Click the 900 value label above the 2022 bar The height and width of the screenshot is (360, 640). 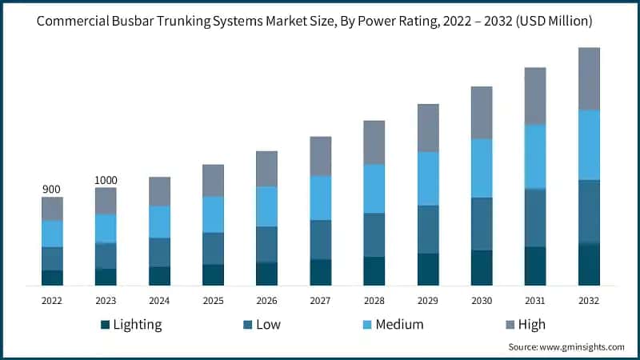[52, 189]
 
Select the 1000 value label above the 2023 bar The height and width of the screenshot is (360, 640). [106, 180]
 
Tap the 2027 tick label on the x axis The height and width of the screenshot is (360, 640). [320, 301]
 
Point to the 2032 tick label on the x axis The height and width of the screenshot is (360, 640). [589, 301]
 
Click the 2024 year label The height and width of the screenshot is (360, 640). [159, 301]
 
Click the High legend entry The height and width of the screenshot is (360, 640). [531, 324]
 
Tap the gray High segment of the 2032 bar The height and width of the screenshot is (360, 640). [589, 78]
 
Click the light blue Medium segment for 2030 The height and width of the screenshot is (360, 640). [482, 168]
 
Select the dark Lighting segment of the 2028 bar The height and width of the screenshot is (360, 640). [374, 271]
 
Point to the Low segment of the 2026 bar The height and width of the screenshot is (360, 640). [266, 244]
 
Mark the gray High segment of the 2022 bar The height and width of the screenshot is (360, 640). [52, 208]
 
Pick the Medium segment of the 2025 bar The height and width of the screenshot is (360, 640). [213, 214]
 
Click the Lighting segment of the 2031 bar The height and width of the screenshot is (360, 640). [535, 266]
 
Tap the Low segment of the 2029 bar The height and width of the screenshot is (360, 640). [428, 230]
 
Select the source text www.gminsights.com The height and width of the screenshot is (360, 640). [582, 347]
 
